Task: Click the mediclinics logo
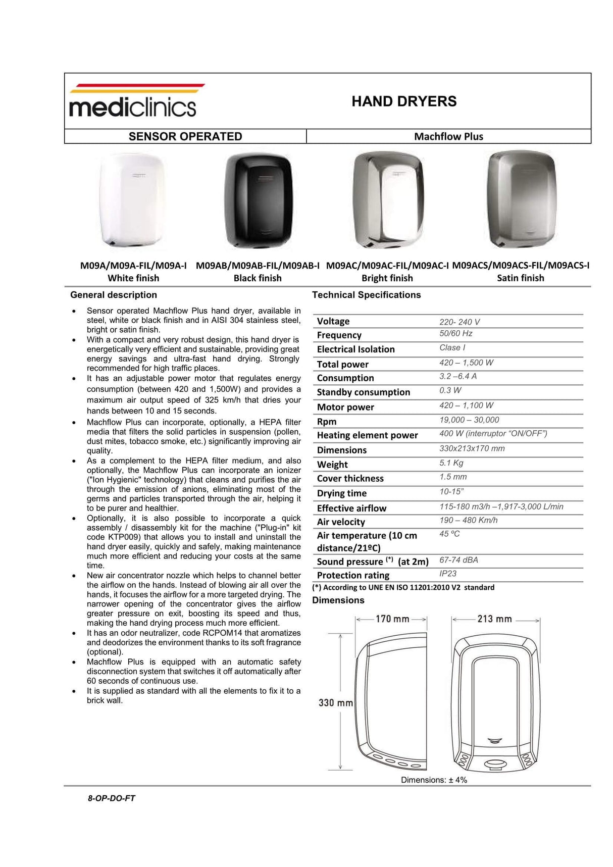point(133,101)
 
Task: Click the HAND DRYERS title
point(404,101)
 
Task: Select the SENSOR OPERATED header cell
point(185,136)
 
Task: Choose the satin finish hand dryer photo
point(521,199)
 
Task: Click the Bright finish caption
point(387,278)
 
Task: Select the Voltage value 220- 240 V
point(459,322)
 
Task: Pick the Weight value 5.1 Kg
point(451,463)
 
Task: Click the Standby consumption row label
point(363,392)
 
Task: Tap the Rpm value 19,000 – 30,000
point(469,420)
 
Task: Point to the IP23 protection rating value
point(448,574)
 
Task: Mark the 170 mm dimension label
point(392,619)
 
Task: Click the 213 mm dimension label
point(494,619)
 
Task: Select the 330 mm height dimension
point(335,702)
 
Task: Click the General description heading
point(114,295)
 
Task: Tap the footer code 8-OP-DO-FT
point(112,798)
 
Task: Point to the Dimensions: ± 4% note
point(434,780)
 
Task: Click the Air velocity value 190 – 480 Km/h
point(468,520)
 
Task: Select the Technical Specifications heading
point(366,295)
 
